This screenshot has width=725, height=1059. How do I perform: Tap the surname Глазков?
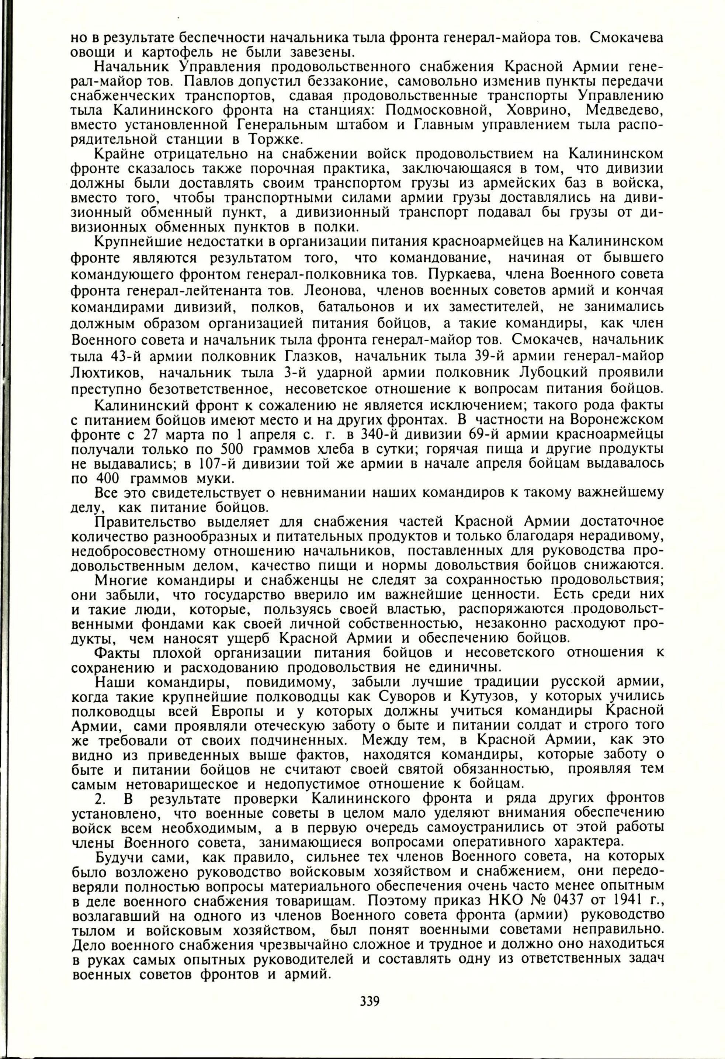coord(317,356)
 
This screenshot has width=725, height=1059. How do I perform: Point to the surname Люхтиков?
coord(108,372)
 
